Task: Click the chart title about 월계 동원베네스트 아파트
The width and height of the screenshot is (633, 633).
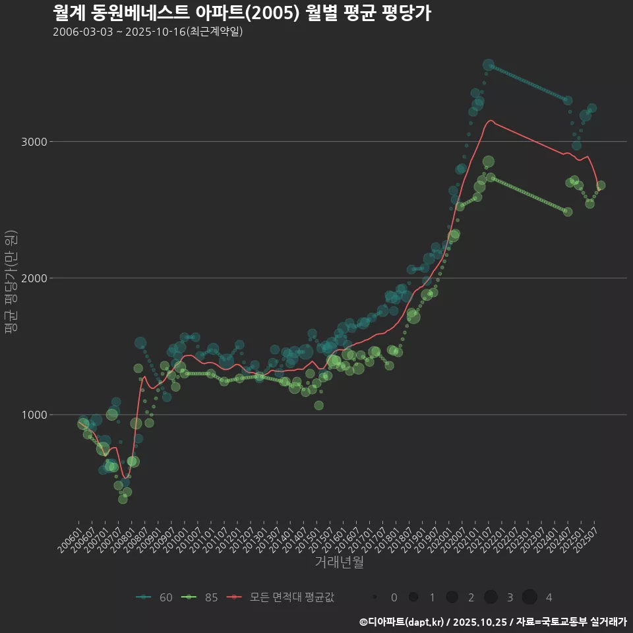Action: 241,13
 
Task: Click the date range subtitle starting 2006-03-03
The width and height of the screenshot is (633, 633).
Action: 148,32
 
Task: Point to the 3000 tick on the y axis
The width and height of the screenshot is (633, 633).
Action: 31,142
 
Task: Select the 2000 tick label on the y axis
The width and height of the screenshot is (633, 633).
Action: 31,278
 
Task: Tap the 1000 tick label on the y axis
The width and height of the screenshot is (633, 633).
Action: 31,415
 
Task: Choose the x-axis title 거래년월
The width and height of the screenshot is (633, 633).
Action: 339,562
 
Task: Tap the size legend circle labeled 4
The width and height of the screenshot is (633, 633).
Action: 529,597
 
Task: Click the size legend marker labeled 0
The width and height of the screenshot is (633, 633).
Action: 375,597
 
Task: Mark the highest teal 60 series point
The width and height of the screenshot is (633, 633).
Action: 489,65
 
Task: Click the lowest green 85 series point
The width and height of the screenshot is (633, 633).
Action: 123,499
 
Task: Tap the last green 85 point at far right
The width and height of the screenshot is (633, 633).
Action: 601,185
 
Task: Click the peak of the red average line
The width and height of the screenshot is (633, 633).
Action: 491,121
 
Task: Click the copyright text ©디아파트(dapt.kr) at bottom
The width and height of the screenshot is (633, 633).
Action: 403,622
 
